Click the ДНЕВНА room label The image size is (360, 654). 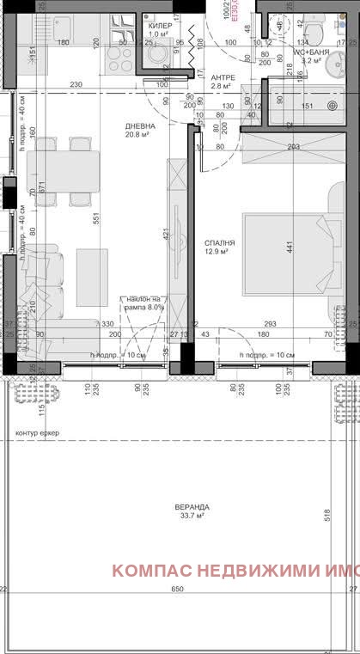[139, 126]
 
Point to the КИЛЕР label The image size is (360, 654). [160, 26]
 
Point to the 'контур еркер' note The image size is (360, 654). [38, 432]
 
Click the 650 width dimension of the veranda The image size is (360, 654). [176, 590]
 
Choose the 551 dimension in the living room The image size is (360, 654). [95, 220]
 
